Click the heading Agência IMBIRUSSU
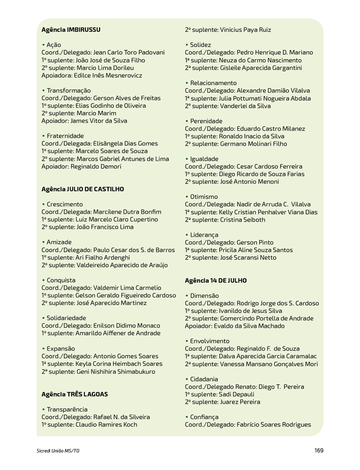[71, 30]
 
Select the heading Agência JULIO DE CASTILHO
[82, 189]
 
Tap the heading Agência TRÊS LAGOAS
[74, 394]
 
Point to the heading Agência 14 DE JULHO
[215, 281]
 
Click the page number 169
[319, 450]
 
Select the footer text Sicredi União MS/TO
[58, 451]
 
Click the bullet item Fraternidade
[65, 136]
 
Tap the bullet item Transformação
[68, 90]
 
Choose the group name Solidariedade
[66, 318]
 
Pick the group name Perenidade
[206, 121]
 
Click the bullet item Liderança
[204, 235]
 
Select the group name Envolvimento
[210, 341]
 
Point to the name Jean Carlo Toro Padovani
[129, 52]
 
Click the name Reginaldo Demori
[96, 167]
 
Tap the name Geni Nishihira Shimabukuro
[116, 372]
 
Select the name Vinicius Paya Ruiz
[245, 30]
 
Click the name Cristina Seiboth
[242, 220]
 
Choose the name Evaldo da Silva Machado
[252, 326]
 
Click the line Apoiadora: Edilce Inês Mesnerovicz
[92, 75]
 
